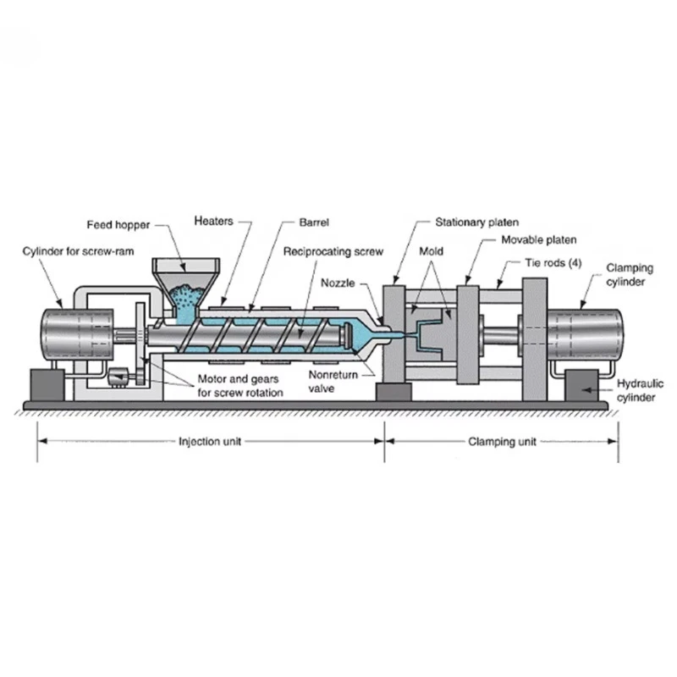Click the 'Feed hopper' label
point(118,225)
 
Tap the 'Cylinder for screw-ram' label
point(78,251)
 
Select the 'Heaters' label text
point(213,221)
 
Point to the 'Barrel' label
point(314,223)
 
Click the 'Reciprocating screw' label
point(333,251)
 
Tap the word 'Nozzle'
point(338,283)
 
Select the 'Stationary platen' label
point(476,223)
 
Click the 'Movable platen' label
point(538,240)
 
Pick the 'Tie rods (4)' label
point(553,263)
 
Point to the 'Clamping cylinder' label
point(629,274)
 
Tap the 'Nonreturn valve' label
point(333,382)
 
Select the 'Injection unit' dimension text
point(210,442)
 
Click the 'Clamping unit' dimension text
point(502,442)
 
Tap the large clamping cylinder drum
point(585,335)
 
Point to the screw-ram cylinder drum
point(77,334)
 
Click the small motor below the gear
point(118,377)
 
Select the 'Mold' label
point(431,251)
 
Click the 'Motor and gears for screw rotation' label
point(240,386)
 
